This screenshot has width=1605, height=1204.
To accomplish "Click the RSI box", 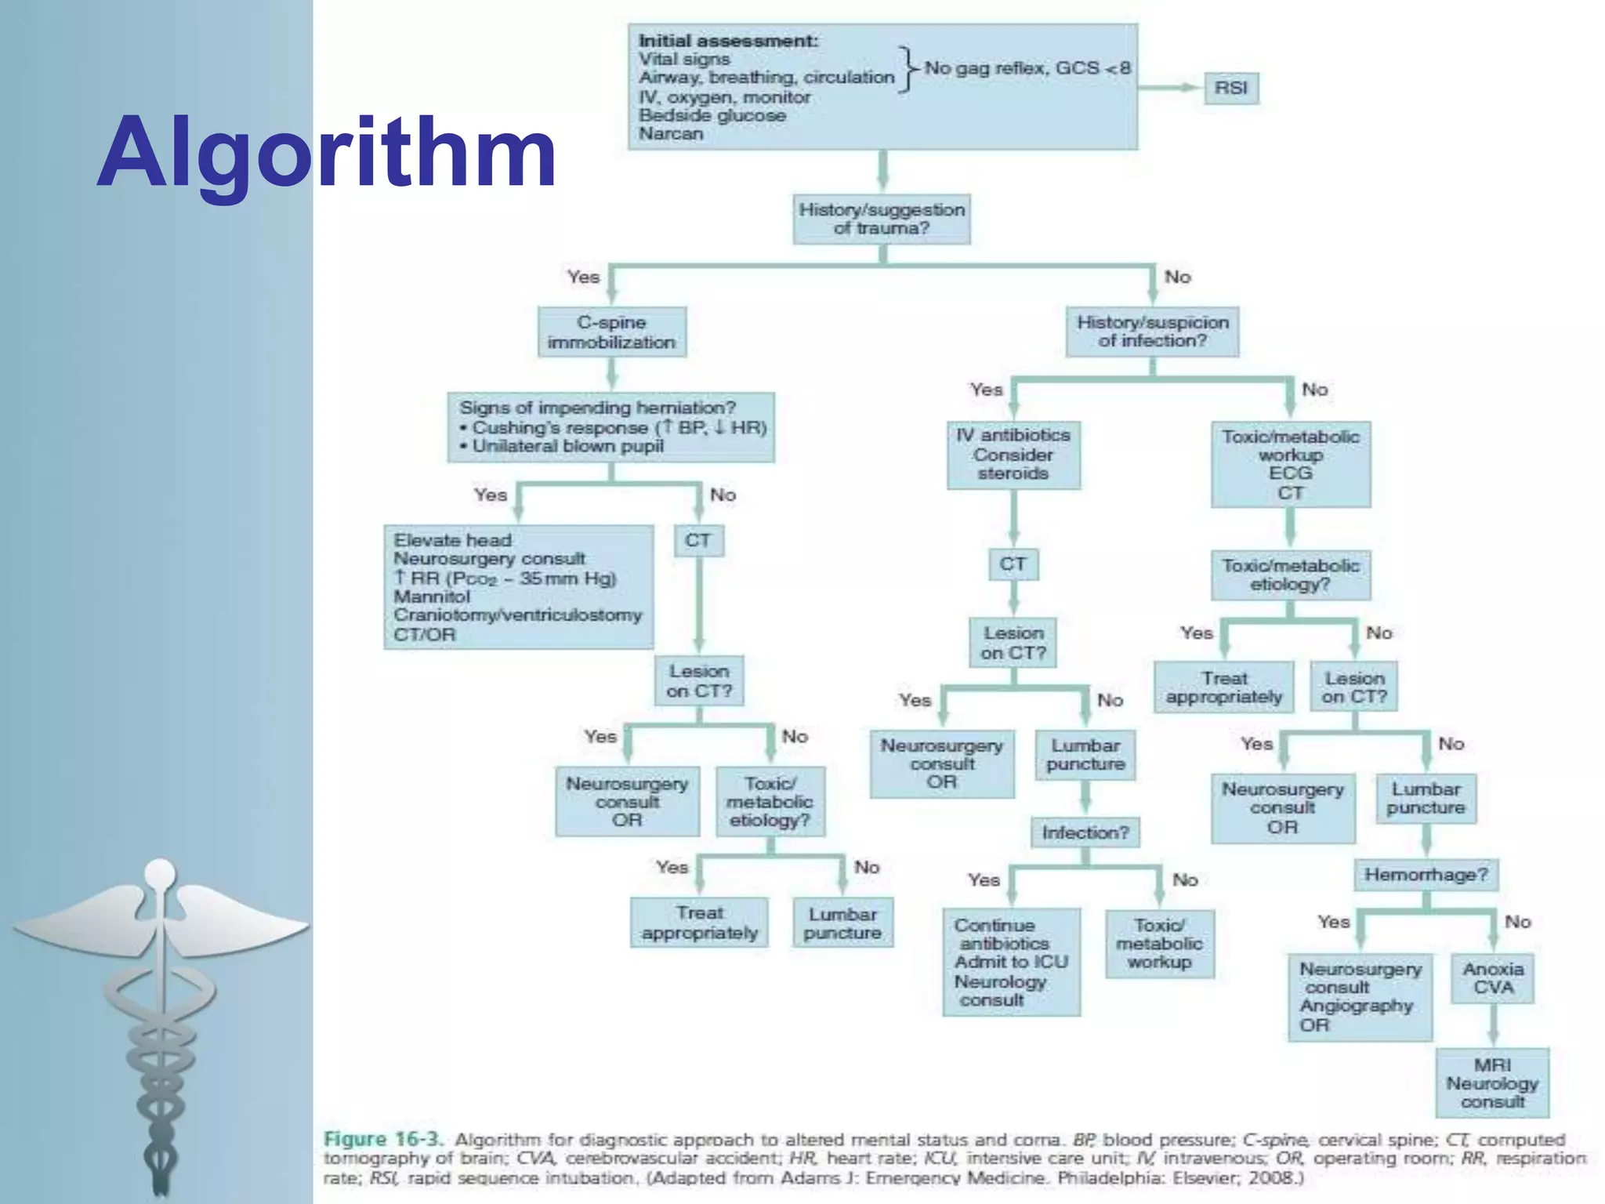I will pos(1230,88).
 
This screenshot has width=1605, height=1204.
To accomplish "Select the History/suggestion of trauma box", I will pos(882,219).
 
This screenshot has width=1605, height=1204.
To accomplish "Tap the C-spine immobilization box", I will pos(611,332).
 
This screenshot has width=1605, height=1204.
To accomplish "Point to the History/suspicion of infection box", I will pos(1152,332).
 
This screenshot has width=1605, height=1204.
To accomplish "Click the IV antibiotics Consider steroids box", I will pos(1013,455).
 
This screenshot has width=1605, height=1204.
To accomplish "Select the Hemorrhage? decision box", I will pos(1426,875).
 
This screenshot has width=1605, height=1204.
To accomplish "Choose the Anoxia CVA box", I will pos(1493,978).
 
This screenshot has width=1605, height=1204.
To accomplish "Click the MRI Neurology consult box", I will pos(1492,1083).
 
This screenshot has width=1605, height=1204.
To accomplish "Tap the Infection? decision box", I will pos(1085,832).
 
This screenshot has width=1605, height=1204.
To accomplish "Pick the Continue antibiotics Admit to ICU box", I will pos(1011,962).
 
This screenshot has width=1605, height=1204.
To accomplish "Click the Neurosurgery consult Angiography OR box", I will pos(1360,997).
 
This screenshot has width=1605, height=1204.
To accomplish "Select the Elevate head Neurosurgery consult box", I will pos(518,586).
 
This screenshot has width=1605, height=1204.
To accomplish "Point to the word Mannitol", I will pos(432,597).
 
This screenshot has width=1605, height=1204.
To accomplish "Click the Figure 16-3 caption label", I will pos(383,1139).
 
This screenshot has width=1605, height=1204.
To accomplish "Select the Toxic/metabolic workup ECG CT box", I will pos(1290,465).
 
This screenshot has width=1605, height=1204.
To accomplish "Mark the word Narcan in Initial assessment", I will pos(671,133).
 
